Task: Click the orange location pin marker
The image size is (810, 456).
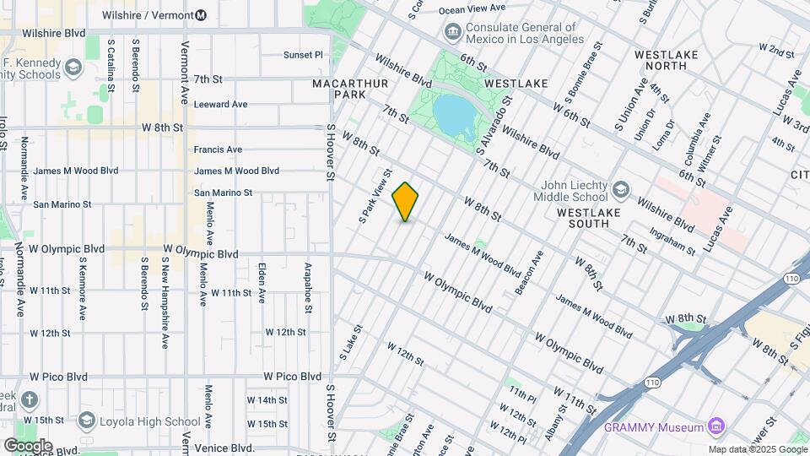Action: pyautogui.click(x=405, y=201)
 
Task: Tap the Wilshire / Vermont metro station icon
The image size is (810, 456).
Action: pyautogui.click(x=201, y=15)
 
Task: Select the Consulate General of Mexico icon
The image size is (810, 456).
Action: pyautogui.click(x=452, y=32)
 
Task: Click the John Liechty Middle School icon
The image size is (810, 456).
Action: pyautogui.click(x=621, y=187)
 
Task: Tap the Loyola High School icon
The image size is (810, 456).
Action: pyautogui.click(x=86, y=420)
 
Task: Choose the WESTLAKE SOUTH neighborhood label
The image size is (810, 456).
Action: pyautogui.click(x=594, y=218)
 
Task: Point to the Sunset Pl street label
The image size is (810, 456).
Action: pyautogui.click(x=303, y=55)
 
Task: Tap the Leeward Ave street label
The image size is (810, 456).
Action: pyautogui.click(x=220, y=105)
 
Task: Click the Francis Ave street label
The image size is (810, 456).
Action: pyautogui.click(x=218, y=149)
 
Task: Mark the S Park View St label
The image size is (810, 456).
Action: pyautogui.click(x=375, y=200)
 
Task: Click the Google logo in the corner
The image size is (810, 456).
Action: pyautogui.click(x=28, y=445)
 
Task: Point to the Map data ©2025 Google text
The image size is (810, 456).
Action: pyautogui.click(x=757, y=450)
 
